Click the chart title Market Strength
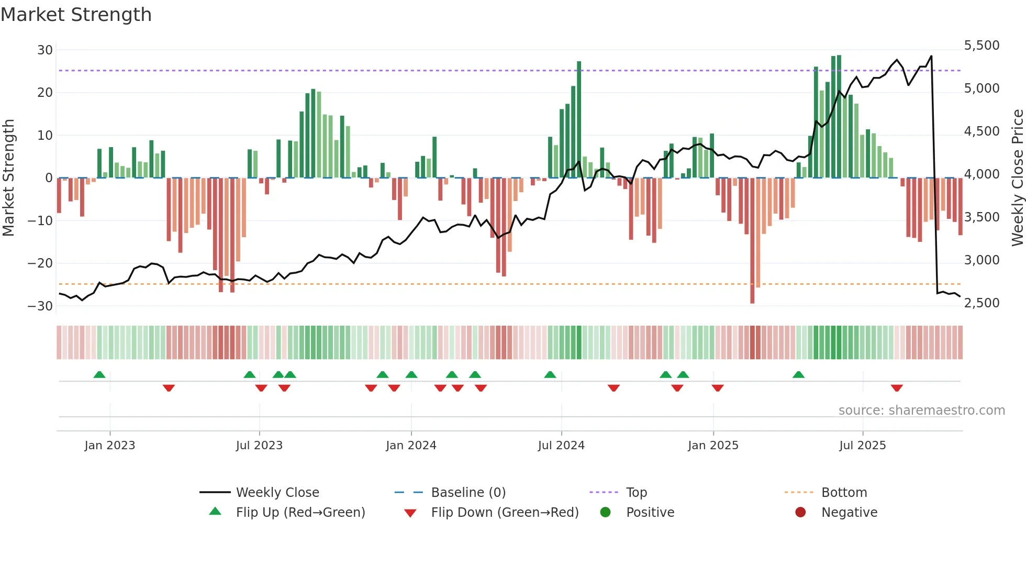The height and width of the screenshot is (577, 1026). (76, 15)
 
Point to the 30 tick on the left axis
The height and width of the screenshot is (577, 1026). (45, 50)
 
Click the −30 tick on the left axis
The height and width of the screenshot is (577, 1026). (41, 306)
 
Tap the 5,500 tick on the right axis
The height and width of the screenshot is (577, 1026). (982, 46)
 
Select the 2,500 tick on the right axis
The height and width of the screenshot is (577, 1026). (982, 303)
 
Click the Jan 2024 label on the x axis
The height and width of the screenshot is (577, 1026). (411, 446)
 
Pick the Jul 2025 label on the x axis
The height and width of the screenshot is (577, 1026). (862, 446)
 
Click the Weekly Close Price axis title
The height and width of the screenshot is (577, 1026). (1017, 178)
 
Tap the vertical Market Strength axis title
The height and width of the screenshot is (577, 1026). (9, 178)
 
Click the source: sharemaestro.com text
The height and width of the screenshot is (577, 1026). (921, 410)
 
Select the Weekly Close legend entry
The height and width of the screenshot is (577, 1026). (277, 493)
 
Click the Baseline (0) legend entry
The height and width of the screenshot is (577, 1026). (468, 493)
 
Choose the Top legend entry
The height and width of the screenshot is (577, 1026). (636, 493)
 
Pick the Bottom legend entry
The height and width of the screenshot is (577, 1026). (844, 493)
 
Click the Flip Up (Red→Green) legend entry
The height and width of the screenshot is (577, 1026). (300, 513)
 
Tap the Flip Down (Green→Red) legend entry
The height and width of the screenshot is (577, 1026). (504, 513)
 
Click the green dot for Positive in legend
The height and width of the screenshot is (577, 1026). (606, 513)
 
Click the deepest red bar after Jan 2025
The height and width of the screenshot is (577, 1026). (752, 241)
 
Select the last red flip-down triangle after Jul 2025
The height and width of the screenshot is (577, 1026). (897, 388)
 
